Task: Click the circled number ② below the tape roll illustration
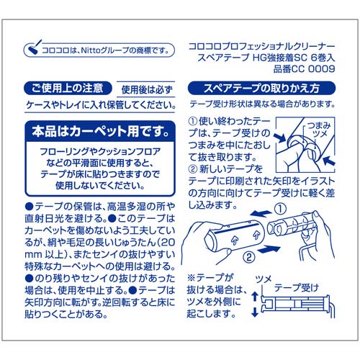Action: [x=248, y=255]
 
